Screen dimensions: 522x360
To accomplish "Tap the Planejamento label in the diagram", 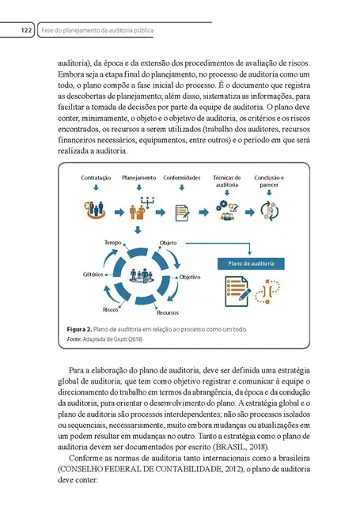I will [x=138, y=178].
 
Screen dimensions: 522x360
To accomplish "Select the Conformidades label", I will [x=181, y=178].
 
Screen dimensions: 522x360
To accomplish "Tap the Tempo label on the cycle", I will [x=112, y=241].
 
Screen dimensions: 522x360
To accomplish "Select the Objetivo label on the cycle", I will [x=190, y=278].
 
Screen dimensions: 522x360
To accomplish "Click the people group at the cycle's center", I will [x=141, y=275].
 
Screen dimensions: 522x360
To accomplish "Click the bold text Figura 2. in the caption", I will [x=79, y=328].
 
